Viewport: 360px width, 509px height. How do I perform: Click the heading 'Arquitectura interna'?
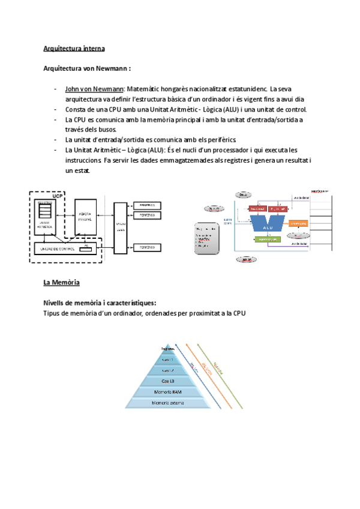tap(74, 48)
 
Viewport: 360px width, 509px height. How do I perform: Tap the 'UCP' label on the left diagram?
tap(58, 196)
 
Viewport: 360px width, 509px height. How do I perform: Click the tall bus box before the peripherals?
tap(121, 226)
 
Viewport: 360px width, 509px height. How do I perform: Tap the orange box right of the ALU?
tap(298, 223)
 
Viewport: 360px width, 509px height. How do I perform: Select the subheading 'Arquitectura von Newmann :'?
tap(88, 68)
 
